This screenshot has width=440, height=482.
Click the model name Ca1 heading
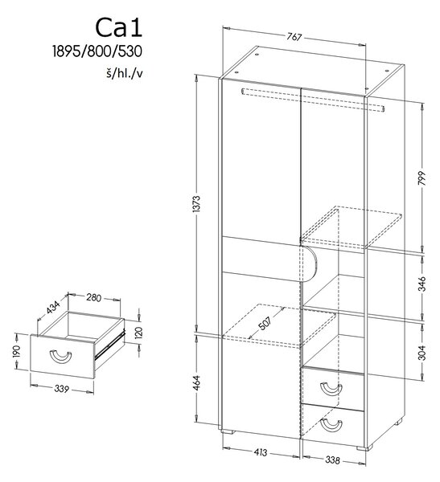pos(118,28)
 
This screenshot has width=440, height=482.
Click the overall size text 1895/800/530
pos(97,51)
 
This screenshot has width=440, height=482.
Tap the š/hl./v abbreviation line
pos(125,74)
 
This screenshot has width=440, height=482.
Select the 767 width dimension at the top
pos(294,37)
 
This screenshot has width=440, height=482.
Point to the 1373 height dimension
pos(197,203)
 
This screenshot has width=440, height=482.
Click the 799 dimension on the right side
pos(421,178)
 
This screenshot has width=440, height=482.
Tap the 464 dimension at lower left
pos(197,382)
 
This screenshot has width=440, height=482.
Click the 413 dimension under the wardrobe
pos(261,452)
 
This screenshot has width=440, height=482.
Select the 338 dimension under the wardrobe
pos(332,460)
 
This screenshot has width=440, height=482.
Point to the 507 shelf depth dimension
pos(265,323)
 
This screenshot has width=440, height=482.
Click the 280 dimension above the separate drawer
pos(93,297)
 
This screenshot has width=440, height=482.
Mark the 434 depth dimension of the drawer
pos(53,308)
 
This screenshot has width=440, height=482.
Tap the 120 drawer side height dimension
pos(138,332)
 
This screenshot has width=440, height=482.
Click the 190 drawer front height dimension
pos(16,351)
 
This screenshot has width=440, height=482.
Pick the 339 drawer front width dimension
pos(62,389)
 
